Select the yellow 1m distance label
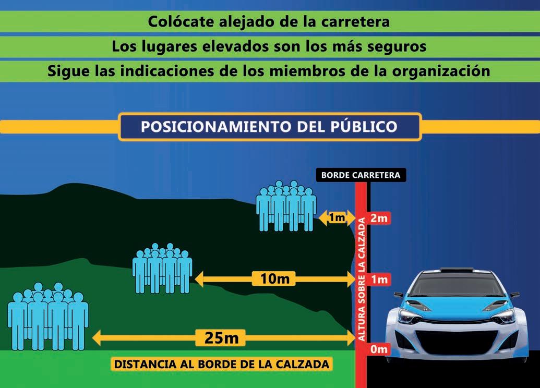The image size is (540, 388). (x=337, y=217)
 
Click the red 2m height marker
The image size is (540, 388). (x=379, y=218)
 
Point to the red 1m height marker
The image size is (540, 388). (x=379, y=280)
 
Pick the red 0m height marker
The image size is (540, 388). (x=379, y=349)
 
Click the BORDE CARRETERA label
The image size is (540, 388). (x=361, y=175)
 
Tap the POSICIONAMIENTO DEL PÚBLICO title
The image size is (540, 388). (x=269, y=127)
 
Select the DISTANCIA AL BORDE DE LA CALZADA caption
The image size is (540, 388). (x=222, y=364)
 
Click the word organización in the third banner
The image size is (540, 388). (x=439, y=70)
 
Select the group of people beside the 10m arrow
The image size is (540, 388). (x=162, y=268)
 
